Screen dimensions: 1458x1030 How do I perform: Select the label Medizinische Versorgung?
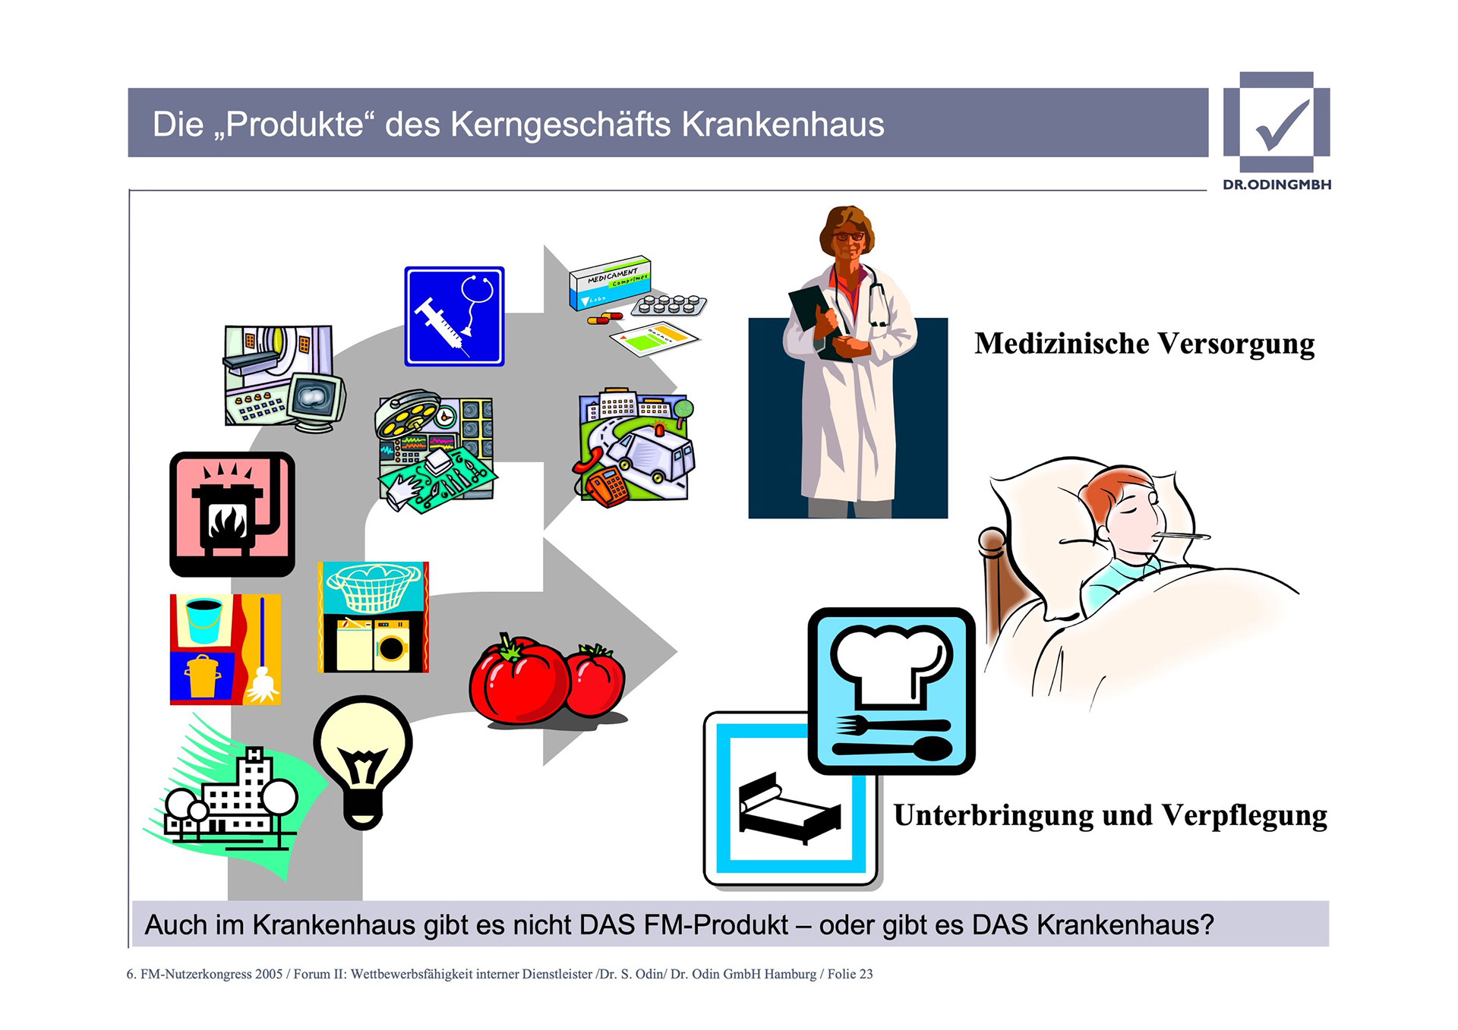pos(1144,344)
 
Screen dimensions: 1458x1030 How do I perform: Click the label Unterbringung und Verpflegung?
pos(1110,816)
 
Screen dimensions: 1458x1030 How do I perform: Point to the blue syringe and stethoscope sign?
pos(454,317)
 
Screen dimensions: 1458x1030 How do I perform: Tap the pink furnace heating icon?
pos(232,515)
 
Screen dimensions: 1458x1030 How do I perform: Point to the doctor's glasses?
pos(849,237)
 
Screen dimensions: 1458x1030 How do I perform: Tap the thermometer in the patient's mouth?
pos(1180,537)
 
